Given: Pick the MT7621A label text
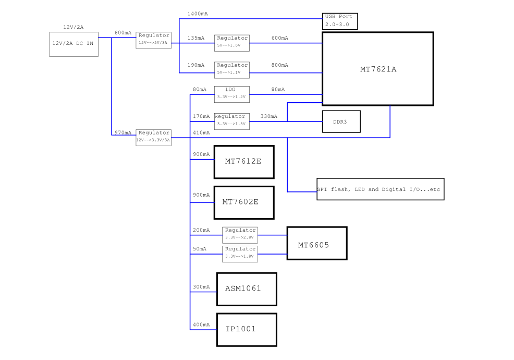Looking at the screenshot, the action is pos(378,69).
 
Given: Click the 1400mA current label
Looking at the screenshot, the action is pos(198,14).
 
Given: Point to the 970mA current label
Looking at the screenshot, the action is pos(123,133).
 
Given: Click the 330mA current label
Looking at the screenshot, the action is pos(269,116).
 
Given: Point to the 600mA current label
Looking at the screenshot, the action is pos(280,38).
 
